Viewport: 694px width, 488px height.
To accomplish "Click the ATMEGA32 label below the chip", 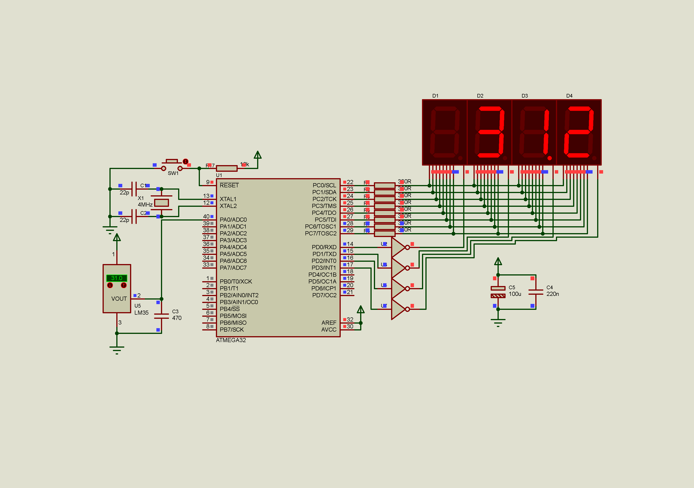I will (231, 340).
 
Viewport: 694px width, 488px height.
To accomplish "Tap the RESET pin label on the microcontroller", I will (229, 185).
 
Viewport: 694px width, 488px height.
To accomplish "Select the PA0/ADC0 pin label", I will (233, 220).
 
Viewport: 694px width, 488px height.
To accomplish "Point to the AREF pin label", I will (329, 323).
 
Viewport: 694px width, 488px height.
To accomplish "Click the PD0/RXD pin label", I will (324, 247).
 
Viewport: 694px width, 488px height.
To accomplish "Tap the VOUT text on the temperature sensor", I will (119, 299).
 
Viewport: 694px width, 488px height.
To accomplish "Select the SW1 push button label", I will (173, 173).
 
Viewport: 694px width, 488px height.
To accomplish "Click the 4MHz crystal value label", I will (145, 205).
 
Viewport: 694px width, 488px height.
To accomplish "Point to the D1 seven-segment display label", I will (435, 96).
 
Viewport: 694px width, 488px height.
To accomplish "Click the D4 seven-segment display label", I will (569, 96).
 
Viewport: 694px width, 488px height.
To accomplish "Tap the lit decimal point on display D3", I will (550, 158).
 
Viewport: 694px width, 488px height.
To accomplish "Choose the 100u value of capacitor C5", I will (515, 294).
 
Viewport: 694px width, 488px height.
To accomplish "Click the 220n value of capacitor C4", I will (552, 294).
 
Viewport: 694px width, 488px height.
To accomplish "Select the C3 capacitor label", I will (175, 311).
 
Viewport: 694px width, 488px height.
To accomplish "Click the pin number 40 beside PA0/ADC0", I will (206, 216).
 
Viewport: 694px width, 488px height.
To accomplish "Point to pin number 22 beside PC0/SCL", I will (350, 182).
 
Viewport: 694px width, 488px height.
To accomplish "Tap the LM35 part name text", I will (142, 313).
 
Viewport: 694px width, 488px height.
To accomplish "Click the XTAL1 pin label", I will (228, 199).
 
